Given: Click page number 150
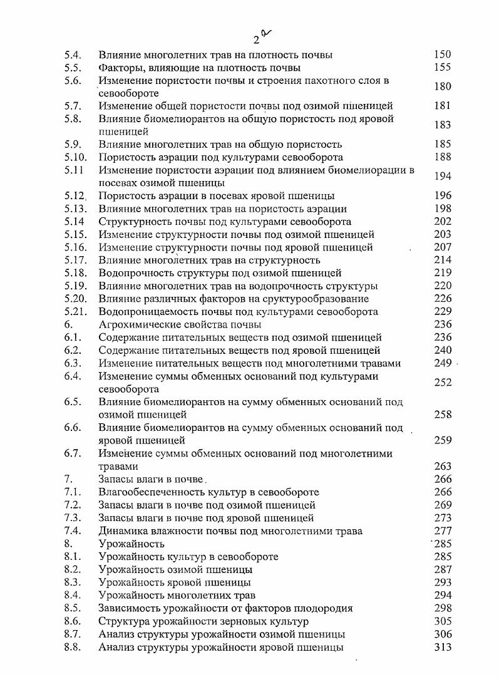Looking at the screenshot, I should click(442, 54).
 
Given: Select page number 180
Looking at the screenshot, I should click(442, 86).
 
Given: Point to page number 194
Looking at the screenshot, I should click(442, 177).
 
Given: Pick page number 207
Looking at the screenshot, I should click(442, 247).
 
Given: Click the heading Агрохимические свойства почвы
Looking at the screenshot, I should click(180, 324).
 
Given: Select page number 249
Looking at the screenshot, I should click(442, 363).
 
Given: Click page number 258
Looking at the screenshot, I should click(442, 415).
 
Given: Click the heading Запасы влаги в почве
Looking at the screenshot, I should click(152, 480).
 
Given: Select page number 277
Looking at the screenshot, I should click(442, 531).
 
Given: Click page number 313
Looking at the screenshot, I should click(442, 647).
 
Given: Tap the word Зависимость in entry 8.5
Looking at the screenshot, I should click(128, 608).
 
